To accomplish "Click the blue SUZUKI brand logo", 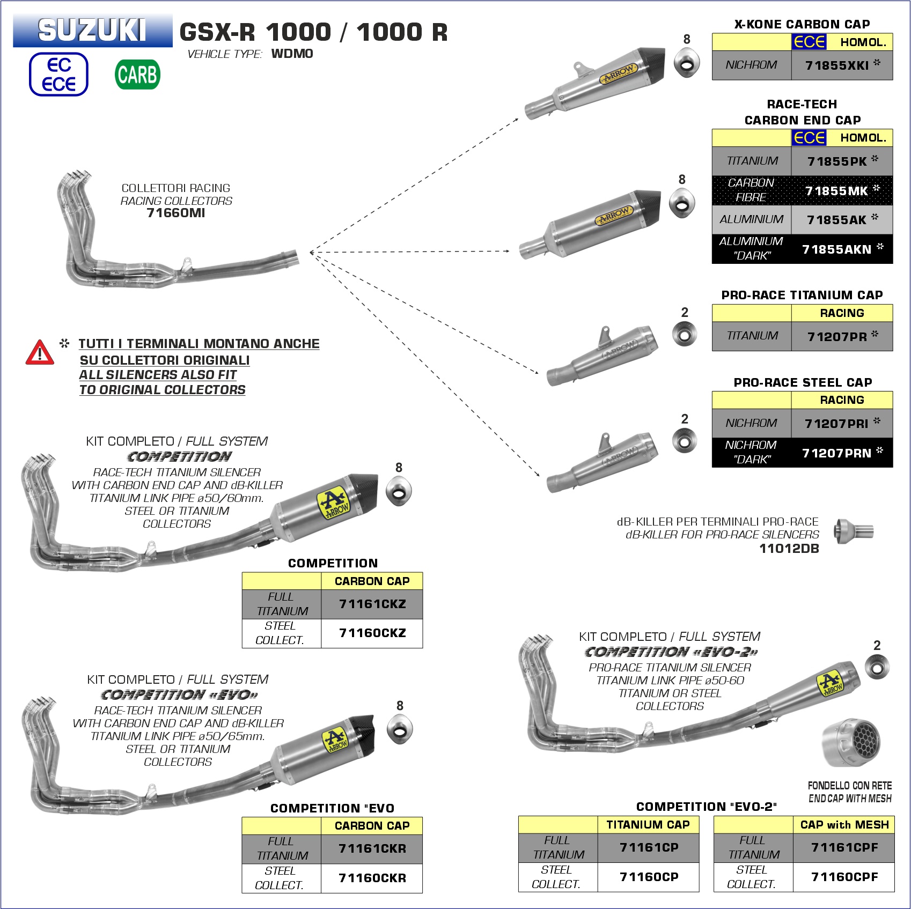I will [92, 30].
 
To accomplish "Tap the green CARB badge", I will [137, 75].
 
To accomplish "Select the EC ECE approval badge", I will [58, 75].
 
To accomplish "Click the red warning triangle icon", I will [40, 352].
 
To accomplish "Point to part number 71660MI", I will [176, 213].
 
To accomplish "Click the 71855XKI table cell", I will [842, 65].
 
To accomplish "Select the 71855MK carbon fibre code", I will [842, 190].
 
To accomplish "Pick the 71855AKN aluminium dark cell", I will [842, 249].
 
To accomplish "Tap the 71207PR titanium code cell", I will [842, 336].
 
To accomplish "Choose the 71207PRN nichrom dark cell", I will [842, 453].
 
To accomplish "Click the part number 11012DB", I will [789, 548].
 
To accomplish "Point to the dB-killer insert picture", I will [854, 531].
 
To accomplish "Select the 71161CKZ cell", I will [372, 604].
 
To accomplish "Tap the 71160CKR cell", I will [372, 878].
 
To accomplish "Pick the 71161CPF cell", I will [844, 847].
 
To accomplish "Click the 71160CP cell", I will [649, 877].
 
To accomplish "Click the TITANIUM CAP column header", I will [648, 825].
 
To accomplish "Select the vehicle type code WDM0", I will [292, 54].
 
